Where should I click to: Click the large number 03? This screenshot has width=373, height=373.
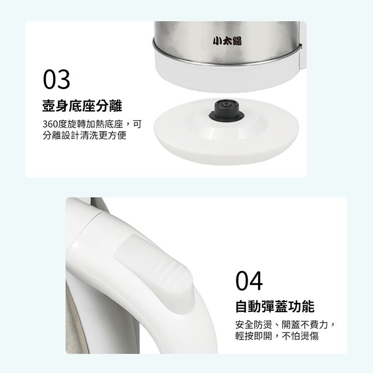pos(56,79)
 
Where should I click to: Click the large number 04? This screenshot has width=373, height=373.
pos(249,281)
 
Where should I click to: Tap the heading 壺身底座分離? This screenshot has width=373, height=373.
pos(82,106)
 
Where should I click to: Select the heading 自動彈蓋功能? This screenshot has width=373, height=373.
pos(275,306)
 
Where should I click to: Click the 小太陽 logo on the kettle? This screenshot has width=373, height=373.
pos(227,41)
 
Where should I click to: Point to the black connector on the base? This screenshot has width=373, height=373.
pos(226,111)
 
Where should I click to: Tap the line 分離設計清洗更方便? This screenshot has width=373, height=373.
pos(84,135)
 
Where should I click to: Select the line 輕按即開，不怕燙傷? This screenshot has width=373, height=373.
pos(277,336)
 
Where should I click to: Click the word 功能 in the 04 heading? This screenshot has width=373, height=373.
pos(302,306)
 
